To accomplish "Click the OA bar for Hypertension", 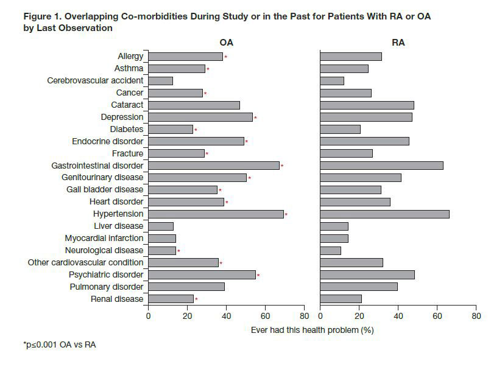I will click(x=216, y=214).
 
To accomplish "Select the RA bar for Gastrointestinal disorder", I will click(x=381, y=166).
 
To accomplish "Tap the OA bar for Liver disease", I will click(x=161, y=226).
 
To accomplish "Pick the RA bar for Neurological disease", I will click(x=330, y=250).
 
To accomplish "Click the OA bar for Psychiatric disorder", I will click(x=202, y=274).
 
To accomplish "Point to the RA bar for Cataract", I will click(x=367, y=105).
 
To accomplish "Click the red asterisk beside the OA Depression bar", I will click(x=255, y=117).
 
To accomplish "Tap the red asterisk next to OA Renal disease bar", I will click(x=196, y=299).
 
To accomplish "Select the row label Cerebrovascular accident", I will click(x=95, y=80).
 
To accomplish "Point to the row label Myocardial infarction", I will click(x=104, y=239).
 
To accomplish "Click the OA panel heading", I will click(x=226, y=43).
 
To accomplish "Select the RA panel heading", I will click(x=398, y=43).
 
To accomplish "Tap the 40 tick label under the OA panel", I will click(x=226, y=316).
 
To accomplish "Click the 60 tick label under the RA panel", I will click(x=437, y=316).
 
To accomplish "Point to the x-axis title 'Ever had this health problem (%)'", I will click(x=312, y=330).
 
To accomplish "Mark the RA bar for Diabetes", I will click(x=340, y=129).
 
